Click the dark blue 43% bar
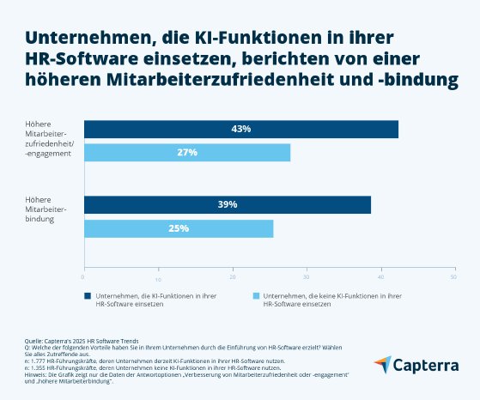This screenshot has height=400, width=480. (x=240, y=129)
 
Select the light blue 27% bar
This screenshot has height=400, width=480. (x=186, y=153)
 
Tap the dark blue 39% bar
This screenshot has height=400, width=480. (x=227, y=204)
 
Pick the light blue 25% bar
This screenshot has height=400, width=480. (x=178, y=228)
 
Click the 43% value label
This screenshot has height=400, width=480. (x=241, y=129)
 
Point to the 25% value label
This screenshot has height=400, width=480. (x=178, y=228)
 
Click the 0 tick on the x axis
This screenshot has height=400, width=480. (x=83, y=277)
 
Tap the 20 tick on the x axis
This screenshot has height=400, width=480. (x=233, y=277)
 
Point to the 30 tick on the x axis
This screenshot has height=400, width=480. (x=307, y=277)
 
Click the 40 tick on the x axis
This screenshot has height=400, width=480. (x=381, y=277)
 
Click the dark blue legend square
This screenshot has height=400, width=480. (x=87, y=295)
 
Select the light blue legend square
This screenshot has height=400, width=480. (x=255, y=295)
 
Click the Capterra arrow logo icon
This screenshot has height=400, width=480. (x=383, y=365)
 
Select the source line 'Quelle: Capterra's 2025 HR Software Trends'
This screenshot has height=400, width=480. (x=82, y=341)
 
